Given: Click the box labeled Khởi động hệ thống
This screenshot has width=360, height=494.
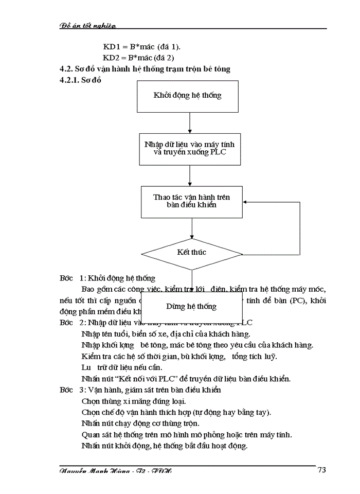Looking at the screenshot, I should pos(188,96).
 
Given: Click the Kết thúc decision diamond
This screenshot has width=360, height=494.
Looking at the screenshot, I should pos(191,253).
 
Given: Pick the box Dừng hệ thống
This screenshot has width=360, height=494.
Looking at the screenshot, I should pos(191,306).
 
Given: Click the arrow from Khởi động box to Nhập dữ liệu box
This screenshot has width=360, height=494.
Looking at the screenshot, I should pos(190,123).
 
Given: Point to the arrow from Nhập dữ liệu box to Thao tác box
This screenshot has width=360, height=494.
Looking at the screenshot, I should pos(190,175).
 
